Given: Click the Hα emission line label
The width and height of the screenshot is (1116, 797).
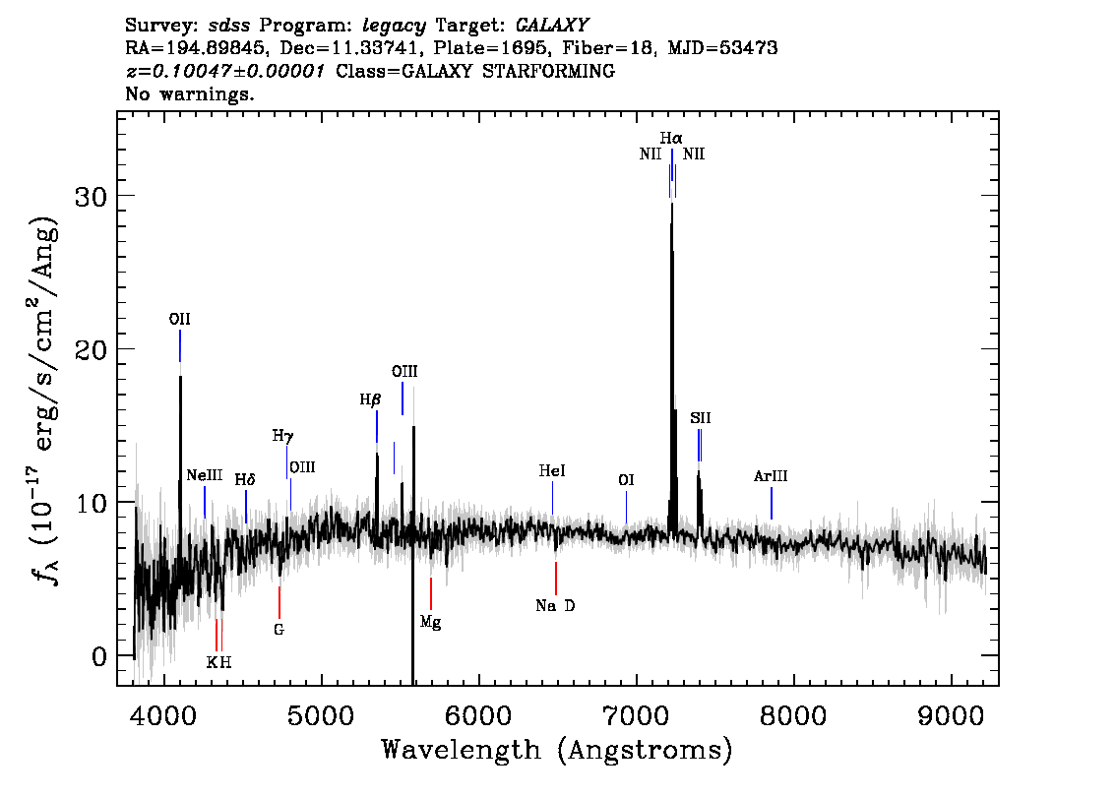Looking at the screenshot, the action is (x=671, y=138).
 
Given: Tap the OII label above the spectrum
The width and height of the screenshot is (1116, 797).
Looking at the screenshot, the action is (x=179, y=320).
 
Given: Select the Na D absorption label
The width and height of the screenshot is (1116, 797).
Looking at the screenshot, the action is (x=555, y=605).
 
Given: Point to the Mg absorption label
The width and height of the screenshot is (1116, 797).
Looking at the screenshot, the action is (x=431, y=623).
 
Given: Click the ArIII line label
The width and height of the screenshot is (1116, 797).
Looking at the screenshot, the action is (x=771, y=476).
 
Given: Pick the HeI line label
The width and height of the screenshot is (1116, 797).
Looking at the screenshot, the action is (x=552, y=471).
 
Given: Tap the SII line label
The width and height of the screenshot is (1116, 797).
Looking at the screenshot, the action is (x=701, y=418).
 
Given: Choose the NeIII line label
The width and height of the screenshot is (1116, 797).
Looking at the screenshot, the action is (x=205, y=475).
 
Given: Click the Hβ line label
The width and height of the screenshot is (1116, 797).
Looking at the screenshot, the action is (x=371, y=399).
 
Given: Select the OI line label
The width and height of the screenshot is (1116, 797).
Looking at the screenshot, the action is (x=626, y=481).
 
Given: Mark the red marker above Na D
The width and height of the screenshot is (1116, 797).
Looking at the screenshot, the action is (x=556, y=579).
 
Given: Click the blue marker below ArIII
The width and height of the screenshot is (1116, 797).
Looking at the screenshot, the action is (x=772, y=504).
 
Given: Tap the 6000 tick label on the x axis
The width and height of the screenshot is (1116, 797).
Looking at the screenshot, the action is (x=479, y=715).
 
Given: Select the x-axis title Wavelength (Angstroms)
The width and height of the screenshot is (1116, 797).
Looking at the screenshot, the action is (x=557, y=750).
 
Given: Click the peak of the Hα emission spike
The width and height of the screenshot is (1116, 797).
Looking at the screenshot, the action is (x=672, y=204).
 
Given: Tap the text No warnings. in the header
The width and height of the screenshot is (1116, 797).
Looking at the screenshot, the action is (x=189, y=93).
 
